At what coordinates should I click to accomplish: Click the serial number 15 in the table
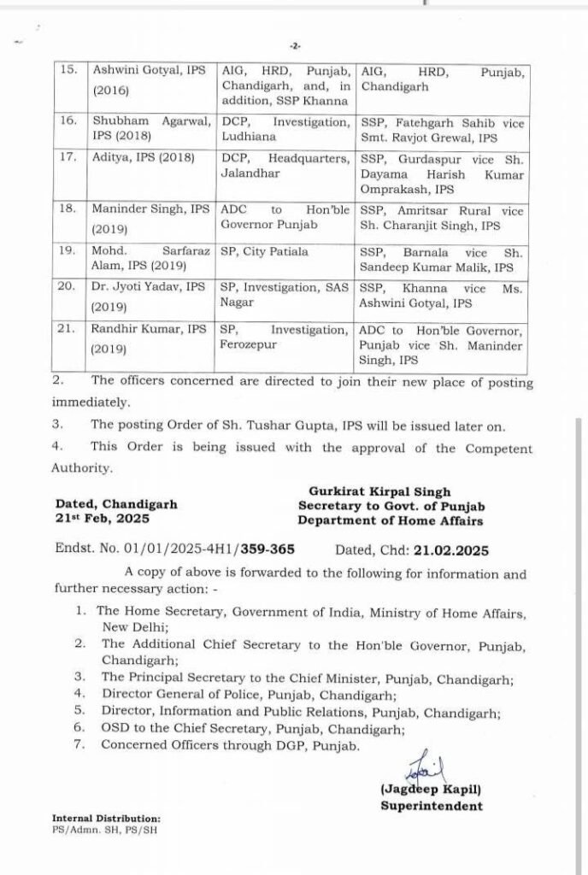pos(68,71)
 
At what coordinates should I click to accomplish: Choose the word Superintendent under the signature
pos(431,805)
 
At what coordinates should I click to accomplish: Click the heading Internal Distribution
pos(106,818)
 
